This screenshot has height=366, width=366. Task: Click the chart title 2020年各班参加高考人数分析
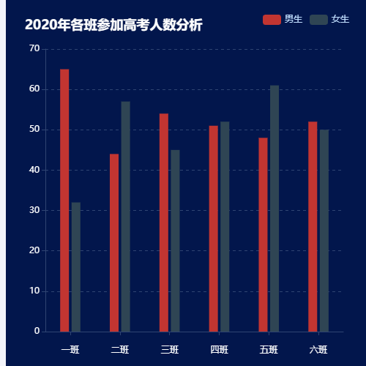pyautogui.click(x=113, y=26)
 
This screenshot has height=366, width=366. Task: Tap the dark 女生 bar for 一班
pyautogui.click(x=76, y=266)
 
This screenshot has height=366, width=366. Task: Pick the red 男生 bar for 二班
pyautogui.click(x=114, y=242)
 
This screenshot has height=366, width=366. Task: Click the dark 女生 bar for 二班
pyautogui.click(x=126, y=216)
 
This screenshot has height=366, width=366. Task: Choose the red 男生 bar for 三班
pyautogui.click(x=164, y=223)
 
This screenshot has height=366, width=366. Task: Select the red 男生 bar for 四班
pyautogui.click(x=213, y=228)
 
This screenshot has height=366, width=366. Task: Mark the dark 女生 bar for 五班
pyautogui.click(x=274, y=208)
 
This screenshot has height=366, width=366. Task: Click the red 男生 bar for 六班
pyautogui.click(x=313, y=226)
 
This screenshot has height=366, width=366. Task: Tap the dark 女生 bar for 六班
pyautogui.click(x=324, y=231)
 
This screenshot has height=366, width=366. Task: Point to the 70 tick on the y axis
pyautogui.click(x=34, y=49)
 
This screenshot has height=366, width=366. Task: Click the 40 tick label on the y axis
pyautogui.click(x=34, y=170)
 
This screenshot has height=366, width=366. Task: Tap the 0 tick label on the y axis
pyautogui.click(x=37, y=331)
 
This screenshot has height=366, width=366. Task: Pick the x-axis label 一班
pyautogui.click(x=70, y=349)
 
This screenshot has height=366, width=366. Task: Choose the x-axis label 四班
pyautogui.click(x=219, y=349)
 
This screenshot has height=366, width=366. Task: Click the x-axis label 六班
pyautogui.click(x=318, y=349)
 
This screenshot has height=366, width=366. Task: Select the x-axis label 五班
pyautogui.click(x=269, y=349)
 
